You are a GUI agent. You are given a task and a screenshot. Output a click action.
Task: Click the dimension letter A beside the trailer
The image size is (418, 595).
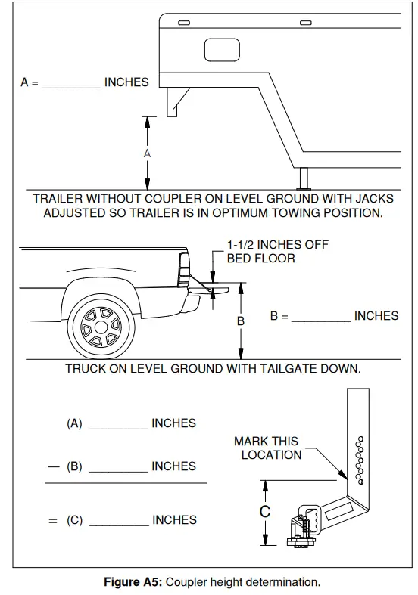click(148, 153)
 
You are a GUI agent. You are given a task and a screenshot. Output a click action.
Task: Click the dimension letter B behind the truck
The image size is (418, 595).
click(241, 321)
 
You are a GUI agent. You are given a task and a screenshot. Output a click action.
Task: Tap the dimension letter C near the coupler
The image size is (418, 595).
click(265, 512)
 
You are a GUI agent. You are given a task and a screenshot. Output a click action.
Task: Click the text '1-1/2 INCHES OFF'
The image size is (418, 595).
click(276, 246)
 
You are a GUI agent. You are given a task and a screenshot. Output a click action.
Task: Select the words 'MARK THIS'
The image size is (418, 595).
click(266, 441)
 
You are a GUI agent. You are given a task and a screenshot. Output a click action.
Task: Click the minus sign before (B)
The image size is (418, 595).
click(53, 466)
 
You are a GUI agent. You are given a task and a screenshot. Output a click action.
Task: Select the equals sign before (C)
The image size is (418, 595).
click(53, 520)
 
